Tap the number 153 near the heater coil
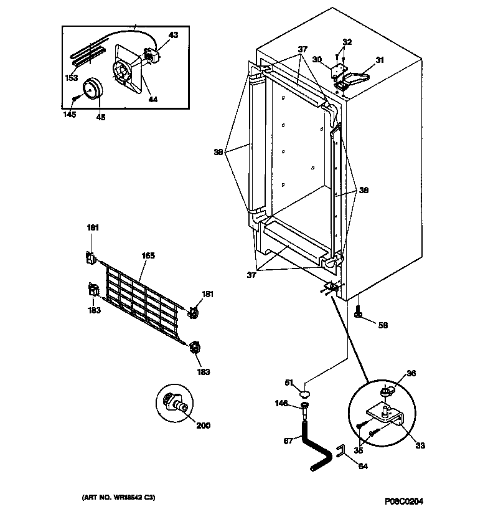pos(72,78)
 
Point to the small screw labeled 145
pos(75,98)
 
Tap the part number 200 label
pos(203,426)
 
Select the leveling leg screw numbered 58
pos(359,311)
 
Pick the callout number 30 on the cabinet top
pos(317,60)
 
